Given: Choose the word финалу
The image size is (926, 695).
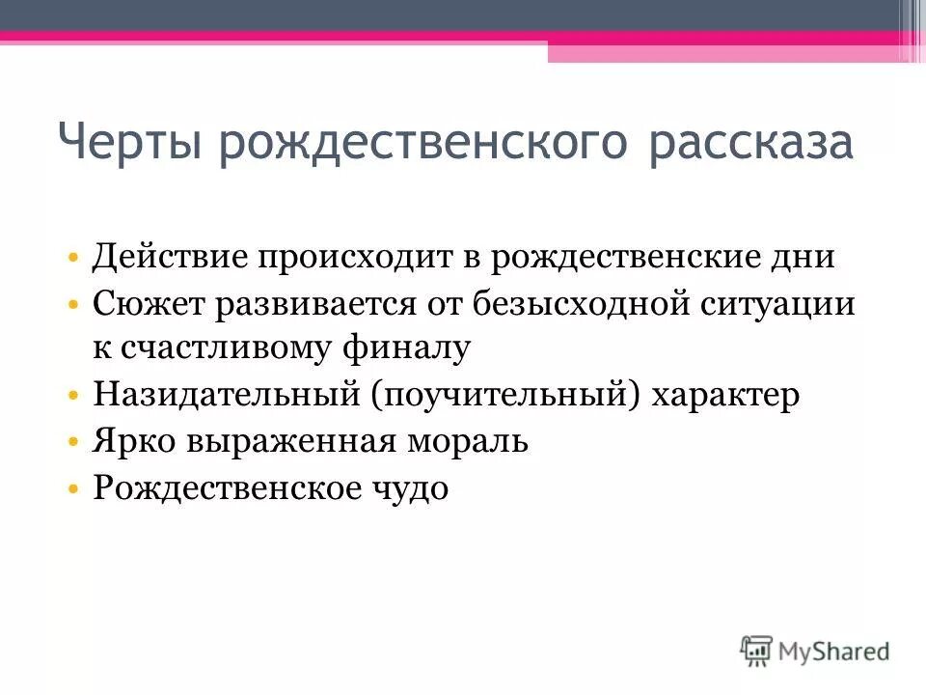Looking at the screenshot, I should pyautogui.click(x=405, y=347).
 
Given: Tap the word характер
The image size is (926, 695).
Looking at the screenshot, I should pyautogui.click(x=730, y=396).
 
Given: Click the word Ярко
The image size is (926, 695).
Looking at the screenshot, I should pyautogui.click(x=136, y=442).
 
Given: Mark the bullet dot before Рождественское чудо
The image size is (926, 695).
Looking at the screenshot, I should pyautogui.click(x=74, y=488).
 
